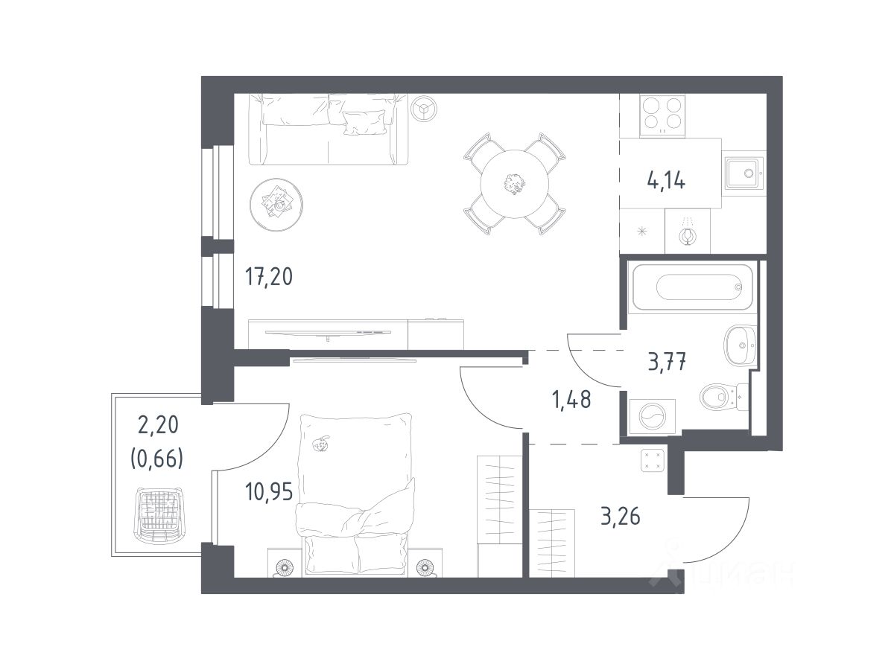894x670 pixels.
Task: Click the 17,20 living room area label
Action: pos(268,277)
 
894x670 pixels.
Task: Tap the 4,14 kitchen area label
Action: pos(666,180)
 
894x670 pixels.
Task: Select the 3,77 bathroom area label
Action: pos(667,362)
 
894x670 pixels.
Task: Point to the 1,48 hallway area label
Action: pos(571,400)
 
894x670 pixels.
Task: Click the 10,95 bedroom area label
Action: pos(269,491)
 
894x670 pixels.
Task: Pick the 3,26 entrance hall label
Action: pos(621,517)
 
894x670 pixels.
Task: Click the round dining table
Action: pos(514,184)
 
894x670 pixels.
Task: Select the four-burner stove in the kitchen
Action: pos(662,115)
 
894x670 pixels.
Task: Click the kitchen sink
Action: pos(743,173)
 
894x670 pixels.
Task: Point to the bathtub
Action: pos(692,287)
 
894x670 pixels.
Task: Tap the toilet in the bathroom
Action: pos(723,397)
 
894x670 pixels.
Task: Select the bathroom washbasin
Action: pos(740,345)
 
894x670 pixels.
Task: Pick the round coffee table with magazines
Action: pos(276,205)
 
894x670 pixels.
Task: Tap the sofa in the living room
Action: pos(329,130)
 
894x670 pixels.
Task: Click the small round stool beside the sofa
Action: pos(424,108)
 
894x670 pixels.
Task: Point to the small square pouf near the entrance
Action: pos(653,460)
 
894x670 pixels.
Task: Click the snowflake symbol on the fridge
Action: pos(642,232)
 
